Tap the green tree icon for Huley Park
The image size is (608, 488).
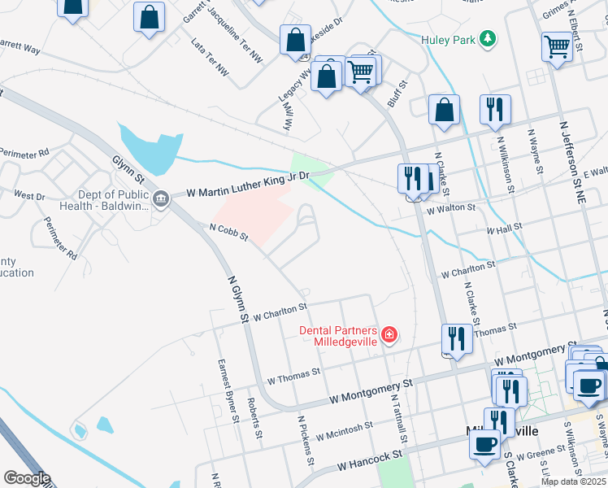pyautogui.click(x=488, y=38)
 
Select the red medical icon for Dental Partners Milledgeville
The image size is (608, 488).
pyautogui.click(x=389, y=334)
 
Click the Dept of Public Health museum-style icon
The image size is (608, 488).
pyautogui.click(x=160, y=198)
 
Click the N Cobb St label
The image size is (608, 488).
pyautogui.click(x=228, y=232)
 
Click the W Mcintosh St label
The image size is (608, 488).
pyautogui.click(x=344, y=430)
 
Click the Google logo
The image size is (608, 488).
pyautogui.click(x=27, y=478)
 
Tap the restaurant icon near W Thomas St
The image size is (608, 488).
pyautogui.click(x=457, y=338)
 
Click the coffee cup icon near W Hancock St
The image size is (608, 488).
pyautogui.click(x=485, y=445)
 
